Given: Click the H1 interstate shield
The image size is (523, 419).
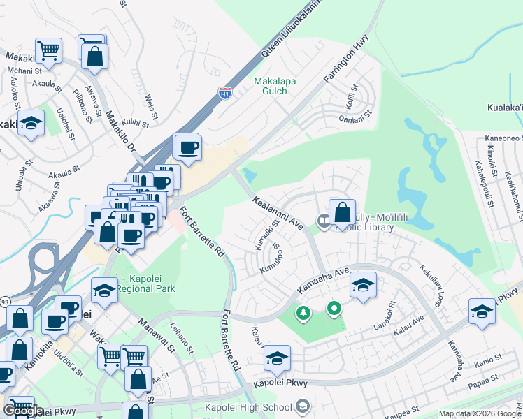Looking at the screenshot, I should click(224, 92).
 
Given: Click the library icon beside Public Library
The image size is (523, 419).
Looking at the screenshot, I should click(324, 221).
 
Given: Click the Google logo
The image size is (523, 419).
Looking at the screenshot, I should click(22, 411).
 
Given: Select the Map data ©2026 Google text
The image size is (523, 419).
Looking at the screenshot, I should click(479, 413).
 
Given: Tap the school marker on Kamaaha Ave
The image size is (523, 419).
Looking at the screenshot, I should click(363, 285).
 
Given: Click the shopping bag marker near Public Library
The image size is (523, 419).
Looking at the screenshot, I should click(343, 212).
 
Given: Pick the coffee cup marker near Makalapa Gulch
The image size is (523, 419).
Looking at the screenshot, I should click(187, 147).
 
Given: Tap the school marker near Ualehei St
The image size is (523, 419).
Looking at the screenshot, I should click(31, 124).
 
